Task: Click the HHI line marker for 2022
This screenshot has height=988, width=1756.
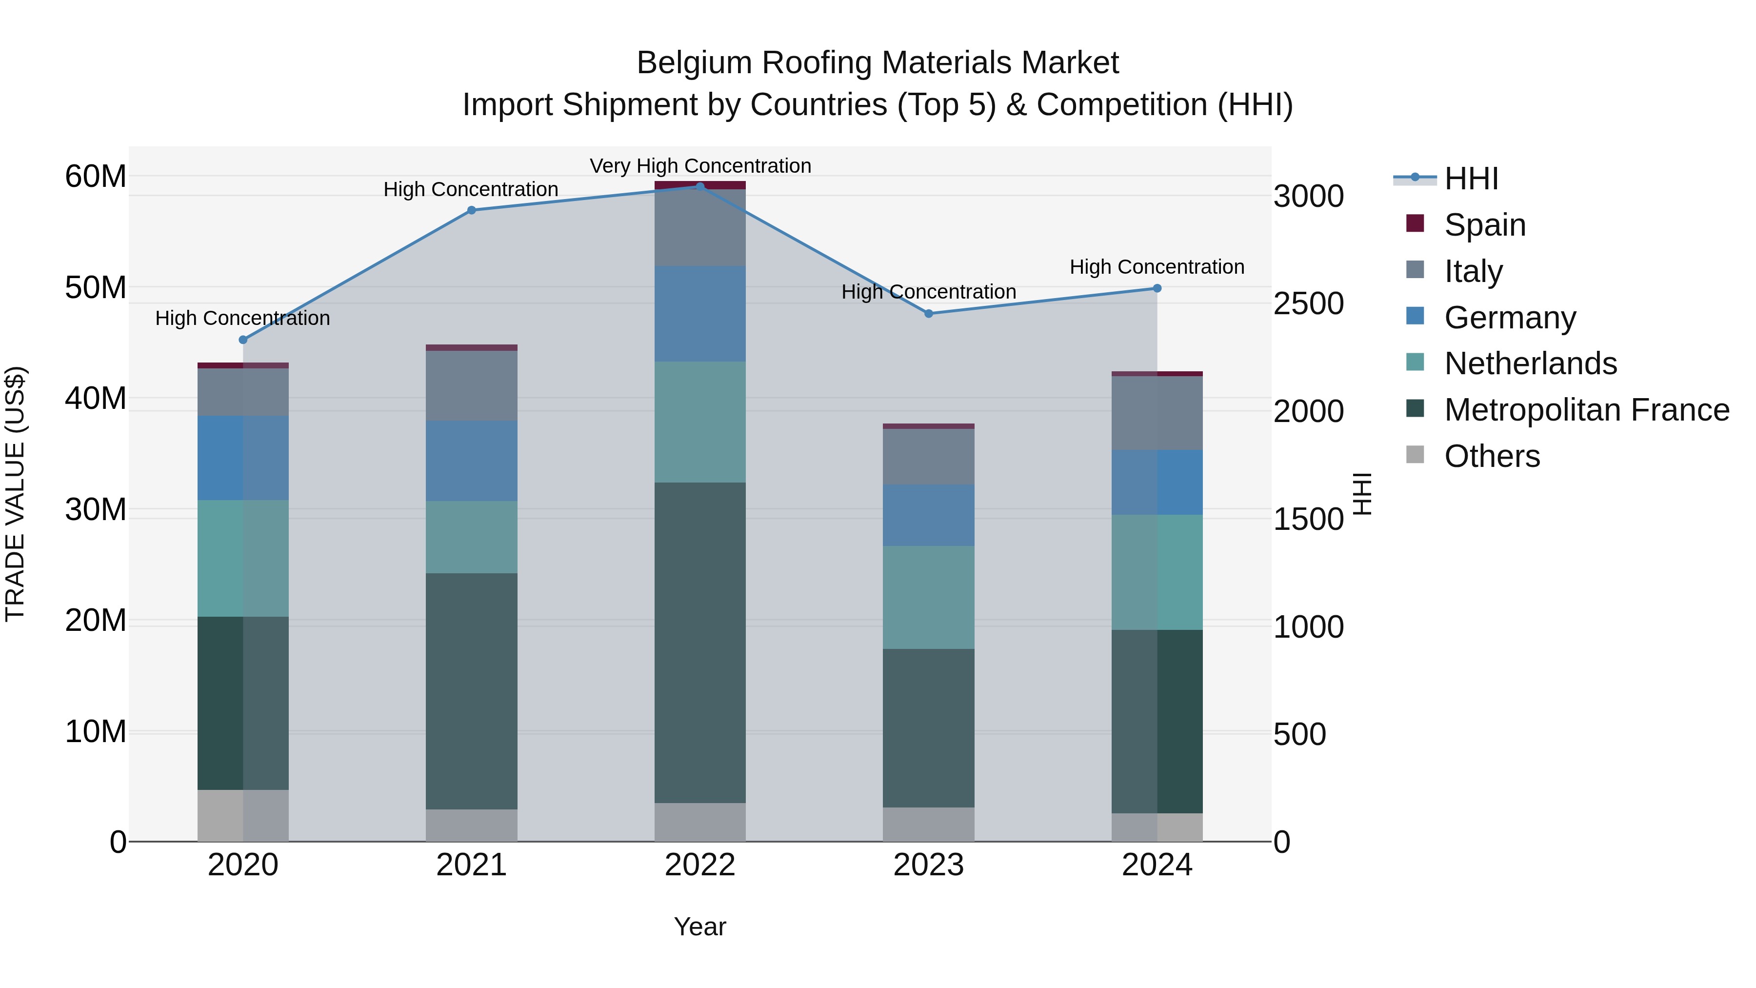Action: pos(699,186)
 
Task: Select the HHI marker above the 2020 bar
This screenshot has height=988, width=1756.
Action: pos(243,340)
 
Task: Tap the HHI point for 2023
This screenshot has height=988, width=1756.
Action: pos(928,314)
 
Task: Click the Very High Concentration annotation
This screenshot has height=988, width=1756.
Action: pos(700,166)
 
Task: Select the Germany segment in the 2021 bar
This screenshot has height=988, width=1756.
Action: pos(471,461)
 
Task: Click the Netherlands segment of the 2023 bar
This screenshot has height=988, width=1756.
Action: pos(928,597)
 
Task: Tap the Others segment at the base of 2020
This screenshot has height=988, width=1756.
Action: pos(243,815)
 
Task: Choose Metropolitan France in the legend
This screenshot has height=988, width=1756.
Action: pos(1586,410)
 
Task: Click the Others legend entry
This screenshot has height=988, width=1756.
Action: pos(1492,456)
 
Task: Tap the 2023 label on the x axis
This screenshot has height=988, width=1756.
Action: pos(928,865)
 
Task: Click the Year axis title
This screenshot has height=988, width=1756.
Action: pos(699,927)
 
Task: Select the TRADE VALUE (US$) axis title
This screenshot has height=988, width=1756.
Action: pos(15,494)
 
